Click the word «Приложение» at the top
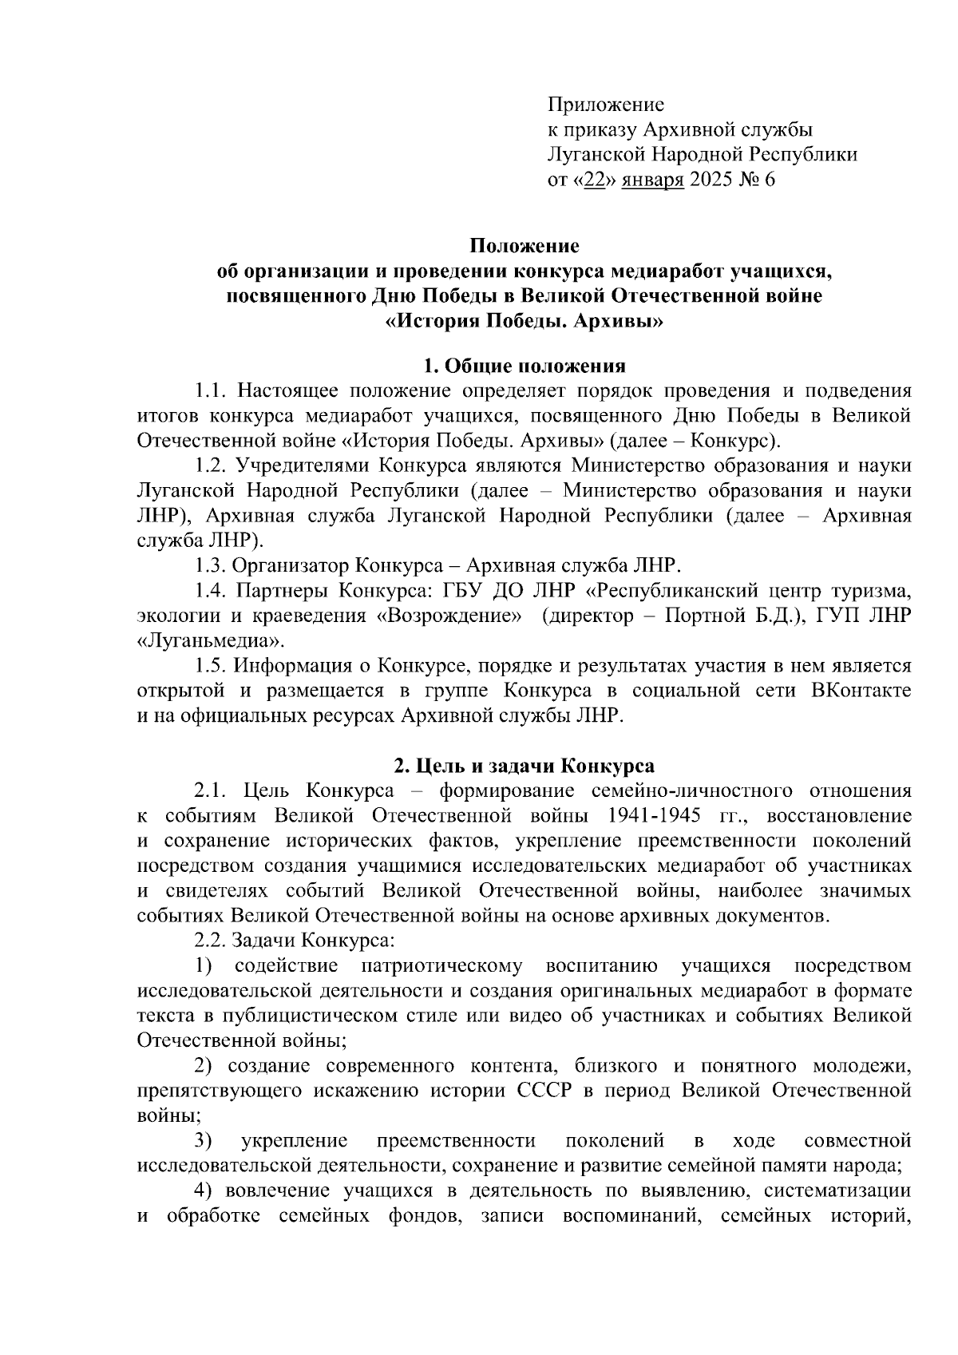tap(605, 105)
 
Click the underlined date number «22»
tap(594, 180)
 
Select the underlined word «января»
tap(652, 180)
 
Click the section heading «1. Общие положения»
tap(524, 366)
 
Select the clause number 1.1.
tap(210, 391)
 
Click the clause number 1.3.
tap(210, 566)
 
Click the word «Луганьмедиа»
tap(212, 642)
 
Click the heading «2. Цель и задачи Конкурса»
tap(524, 766)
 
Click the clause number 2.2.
tap(210, 941)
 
